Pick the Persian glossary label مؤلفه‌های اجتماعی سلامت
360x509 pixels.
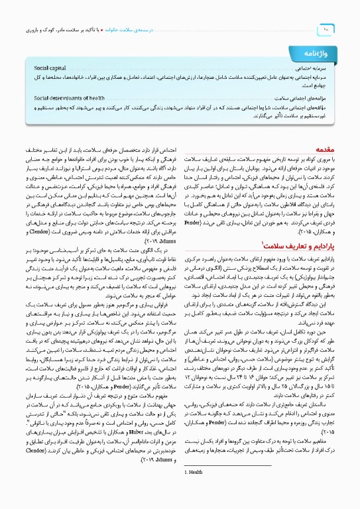tap(302, 97)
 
